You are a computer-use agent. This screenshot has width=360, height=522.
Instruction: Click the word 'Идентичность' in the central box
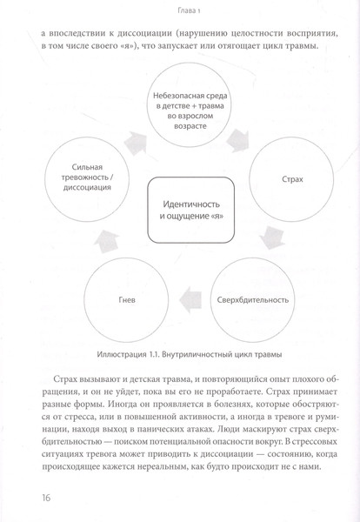[185, 202]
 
